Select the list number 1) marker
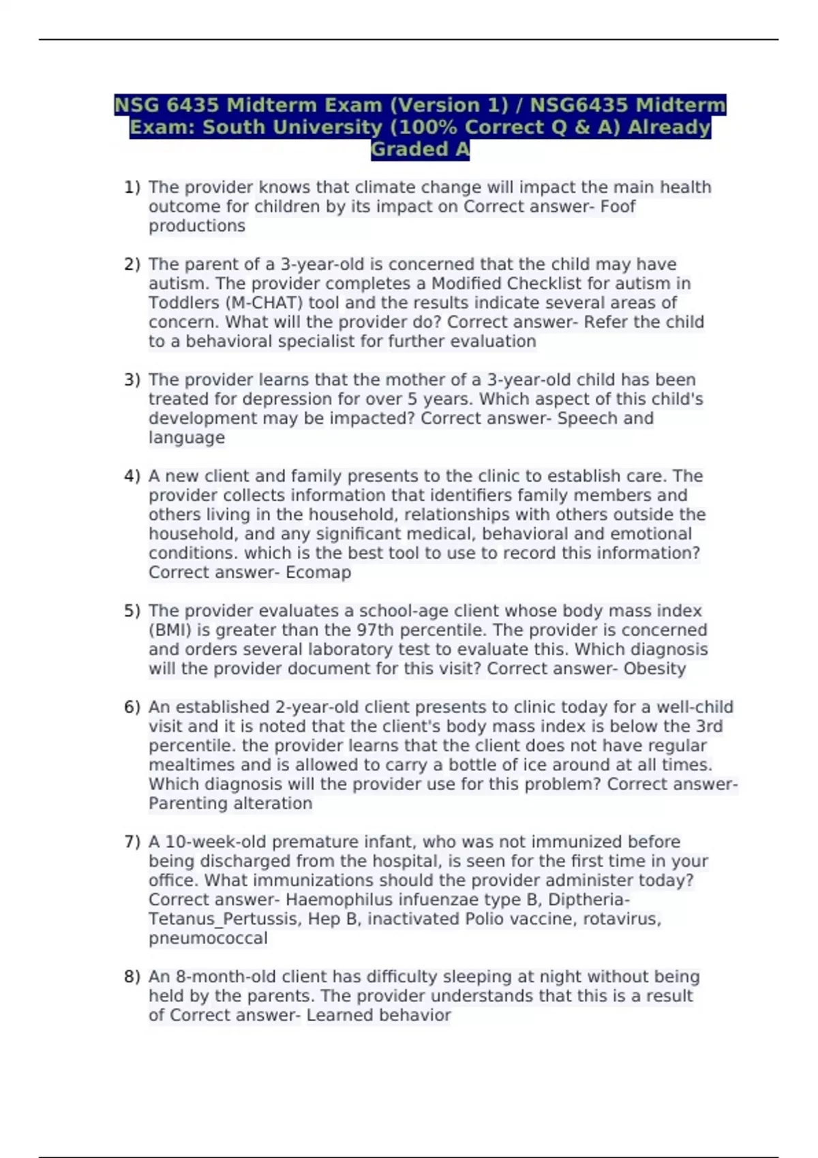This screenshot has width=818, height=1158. (132, 187)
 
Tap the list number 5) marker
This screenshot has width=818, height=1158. (132, 611)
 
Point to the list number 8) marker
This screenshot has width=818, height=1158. (132, 977)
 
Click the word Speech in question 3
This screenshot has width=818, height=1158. (587, 418)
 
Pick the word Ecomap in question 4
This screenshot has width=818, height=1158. (318, 572)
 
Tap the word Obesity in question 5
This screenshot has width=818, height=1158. (654, 668)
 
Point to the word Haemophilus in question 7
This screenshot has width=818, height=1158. (337, 899)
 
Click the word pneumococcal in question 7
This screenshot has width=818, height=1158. (208, 938)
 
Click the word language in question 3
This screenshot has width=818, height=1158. (187, 437)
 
